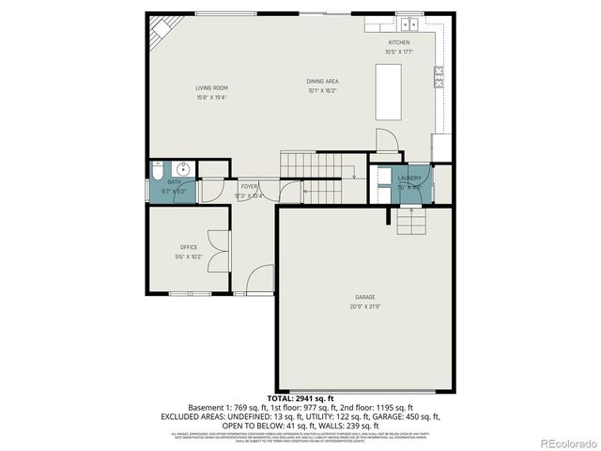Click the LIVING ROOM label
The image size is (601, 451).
[211, 87]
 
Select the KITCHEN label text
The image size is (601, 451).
[399, 42]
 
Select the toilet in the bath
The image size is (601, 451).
[157, 171]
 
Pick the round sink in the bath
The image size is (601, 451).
[185, 169]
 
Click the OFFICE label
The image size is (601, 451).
[189, 247]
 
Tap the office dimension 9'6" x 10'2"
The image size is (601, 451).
[189, 257]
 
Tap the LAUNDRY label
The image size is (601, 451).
[409, 178]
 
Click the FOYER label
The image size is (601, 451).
[249, 186]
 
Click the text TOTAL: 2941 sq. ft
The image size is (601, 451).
[300, 398]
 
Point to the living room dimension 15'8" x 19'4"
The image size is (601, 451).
[211, 97]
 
